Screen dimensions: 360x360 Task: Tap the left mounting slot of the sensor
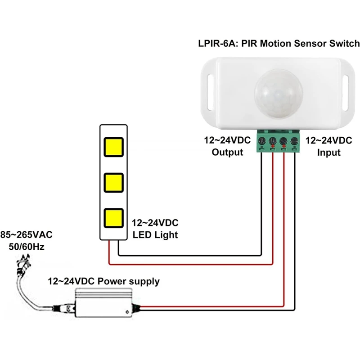210,86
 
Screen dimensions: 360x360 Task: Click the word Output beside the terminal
227,152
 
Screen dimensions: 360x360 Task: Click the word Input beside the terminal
328,152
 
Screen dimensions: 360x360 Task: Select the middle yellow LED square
113,182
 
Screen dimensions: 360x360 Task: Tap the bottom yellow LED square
113,218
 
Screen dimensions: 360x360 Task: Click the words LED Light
155,234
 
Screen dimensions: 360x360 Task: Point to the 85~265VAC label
27,234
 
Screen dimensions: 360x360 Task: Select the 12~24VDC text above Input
328,140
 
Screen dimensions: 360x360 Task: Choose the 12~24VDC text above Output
227,140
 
